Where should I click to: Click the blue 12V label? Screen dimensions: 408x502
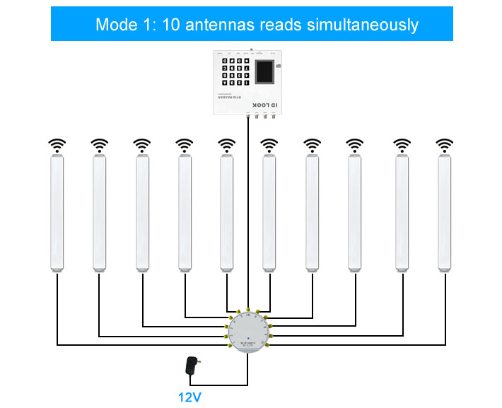189,397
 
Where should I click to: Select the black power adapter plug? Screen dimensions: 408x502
190,366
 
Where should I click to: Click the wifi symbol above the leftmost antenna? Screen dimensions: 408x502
57,146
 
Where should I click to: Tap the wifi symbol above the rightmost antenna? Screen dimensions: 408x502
444,146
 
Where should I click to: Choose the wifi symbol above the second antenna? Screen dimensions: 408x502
99,146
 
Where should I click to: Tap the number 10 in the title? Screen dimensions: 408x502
170,25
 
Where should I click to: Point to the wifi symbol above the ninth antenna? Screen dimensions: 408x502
402,146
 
